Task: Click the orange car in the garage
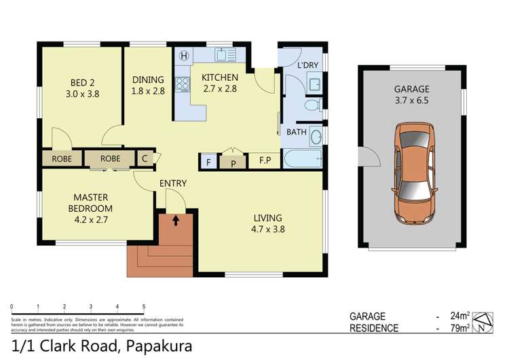pyautogui.click(x=412, y=174)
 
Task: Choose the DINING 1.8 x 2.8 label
pyautogui.click(x=148, y=84)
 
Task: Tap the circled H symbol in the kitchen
pyautogui.click(x=183, y=57)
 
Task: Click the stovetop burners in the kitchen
pyautogui.click(x=183, y=85)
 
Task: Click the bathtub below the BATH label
pyautogui.click(x=301, y=160)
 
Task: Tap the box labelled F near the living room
pyautogui.click(x=207, y=162)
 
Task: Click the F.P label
pyautogui.click(x=264, y=161)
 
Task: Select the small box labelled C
pyautogui.click(x=145, y=158)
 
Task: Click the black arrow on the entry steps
pyautogui.click(x=176, y=219)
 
